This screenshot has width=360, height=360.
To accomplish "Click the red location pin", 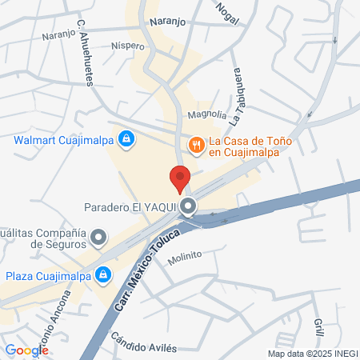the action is [x=180, y=177].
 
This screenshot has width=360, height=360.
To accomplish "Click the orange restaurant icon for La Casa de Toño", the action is [x=195, y=144].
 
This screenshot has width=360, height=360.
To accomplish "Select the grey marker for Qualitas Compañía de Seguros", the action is [x=99, y=238].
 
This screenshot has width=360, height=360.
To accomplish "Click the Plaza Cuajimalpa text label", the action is [x=46, y=276].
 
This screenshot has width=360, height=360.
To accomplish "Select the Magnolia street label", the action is [x=207, y=115].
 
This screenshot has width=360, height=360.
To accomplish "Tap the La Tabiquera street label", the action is [x=236, y=97].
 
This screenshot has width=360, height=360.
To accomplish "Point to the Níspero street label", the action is [x=128, y=46].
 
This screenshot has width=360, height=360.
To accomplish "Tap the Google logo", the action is [x=26, y=350].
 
